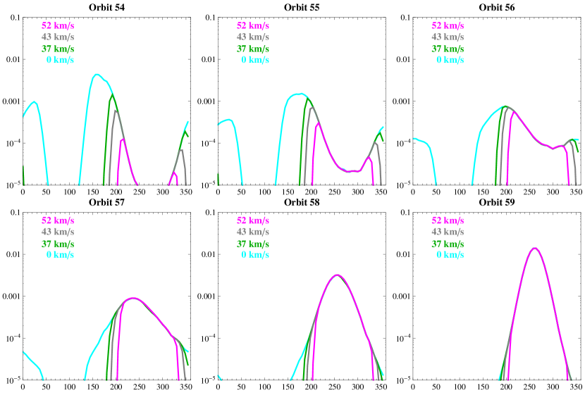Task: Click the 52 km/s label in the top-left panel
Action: click(58, 26)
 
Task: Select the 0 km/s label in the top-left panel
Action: click(60, 60)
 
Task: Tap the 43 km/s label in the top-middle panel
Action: click(253, 37)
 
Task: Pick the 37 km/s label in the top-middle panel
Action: click(253, 49)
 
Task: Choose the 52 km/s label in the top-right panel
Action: click(448, 26)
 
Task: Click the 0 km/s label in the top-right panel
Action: click(450, 60)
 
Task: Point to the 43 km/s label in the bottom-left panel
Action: click(58, 232)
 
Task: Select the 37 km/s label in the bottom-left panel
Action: click(58, 244)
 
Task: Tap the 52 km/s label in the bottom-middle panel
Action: click(253, 220)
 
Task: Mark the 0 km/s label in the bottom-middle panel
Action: click(255, 255)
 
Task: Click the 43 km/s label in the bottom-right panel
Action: click(448, 232)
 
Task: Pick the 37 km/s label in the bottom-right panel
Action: click(448, 244)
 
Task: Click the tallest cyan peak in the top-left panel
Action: click(97, 74)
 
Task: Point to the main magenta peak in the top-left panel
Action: click(123, 139)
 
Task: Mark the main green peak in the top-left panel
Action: click(111, 96)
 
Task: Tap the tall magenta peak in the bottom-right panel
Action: click(535, 248)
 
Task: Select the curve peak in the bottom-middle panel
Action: click(338, 275)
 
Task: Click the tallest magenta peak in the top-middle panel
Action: click(318, 123)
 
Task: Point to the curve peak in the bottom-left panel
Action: click(133, 298)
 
